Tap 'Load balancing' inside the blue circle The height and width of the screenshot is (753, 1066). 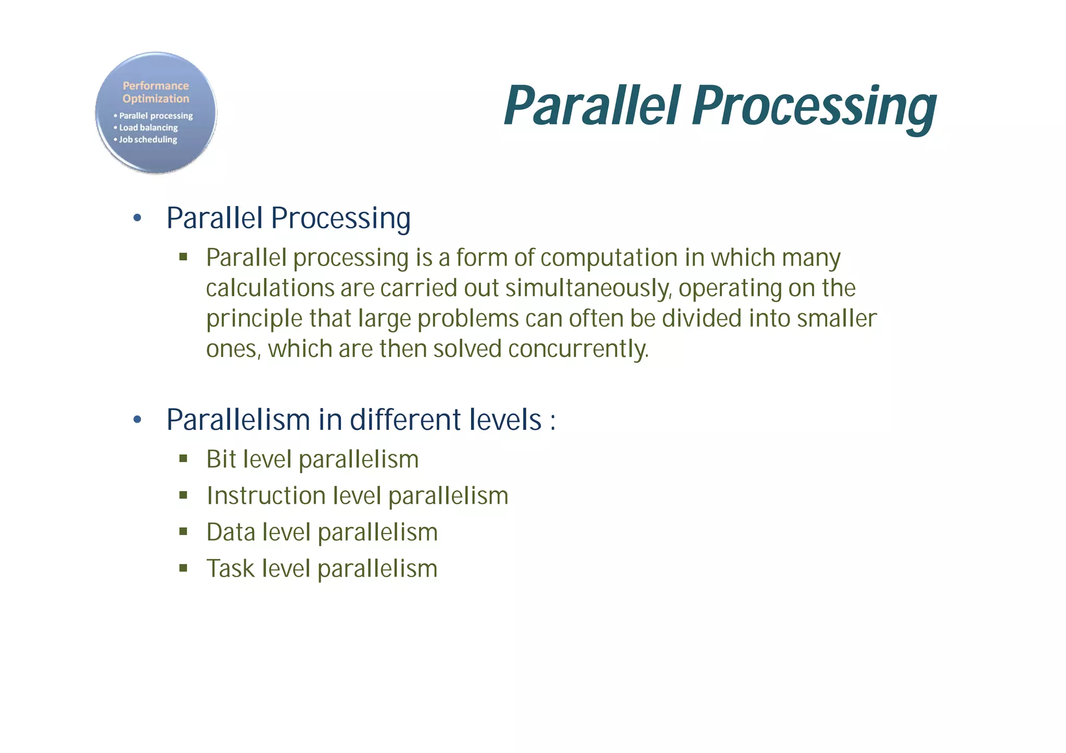point(148,127)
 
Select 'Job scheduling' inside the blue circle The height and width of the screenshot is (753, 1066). point(148,139)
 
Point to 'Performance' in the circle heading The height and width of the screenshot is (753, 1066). point(156,86)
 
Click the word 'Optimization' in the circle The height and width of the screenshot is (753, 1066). point(156,99)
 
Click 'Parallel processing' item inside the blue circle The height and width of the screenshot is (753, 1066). point(156,116)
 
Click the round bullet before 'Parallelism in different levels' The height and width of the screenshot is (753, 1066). point(137,419)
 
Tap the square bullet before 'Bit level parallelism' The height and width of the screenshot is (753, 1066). point(183,459)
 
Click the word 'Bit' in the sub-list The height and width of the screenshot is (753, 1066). point(221,459)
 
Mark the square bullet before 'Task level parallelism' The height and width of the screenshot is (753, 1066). point(183,568)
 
